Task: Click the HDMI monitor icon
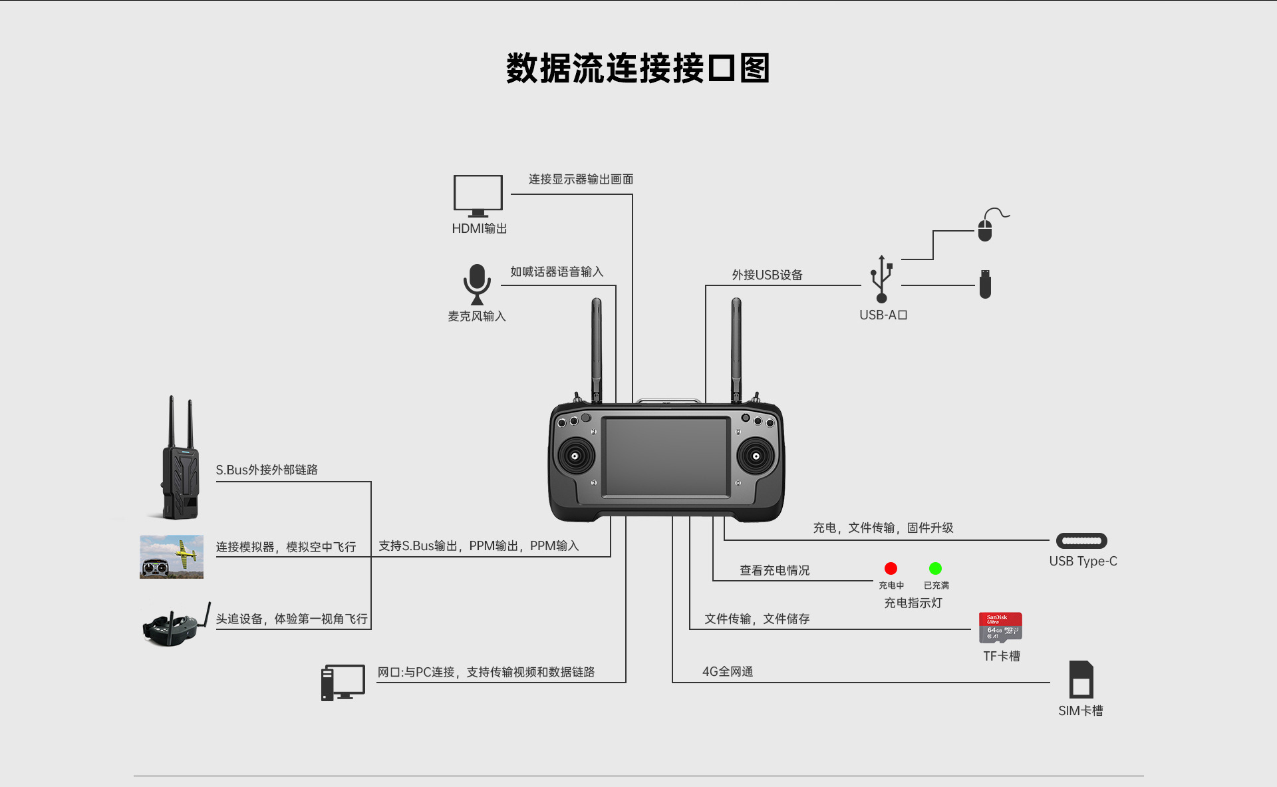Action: tap(478, 195)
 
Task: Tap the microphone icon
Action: tap(477, 283)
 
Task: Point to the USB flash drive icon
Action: tap(985, 284)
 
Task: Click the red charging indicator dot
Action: tap(891, 568)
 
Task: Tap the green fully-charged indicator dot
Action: tap(935, 568)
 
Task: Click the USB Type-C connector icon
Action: tap(1081, 541)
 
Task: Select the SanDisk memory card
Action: tap(1000, 627)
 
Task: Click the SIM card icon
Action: tap(1081, 679)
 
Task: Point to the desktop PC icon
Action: tap(343, 682)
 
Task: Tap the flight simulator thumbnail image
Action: tap(172, 557)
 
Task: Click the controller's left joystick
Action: tap(576, 456)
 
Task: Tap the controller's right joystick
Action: tap(756, 456)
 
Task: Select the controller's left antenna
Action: tap(597, 349)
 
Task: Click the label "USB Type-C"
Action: tap(1083, 561)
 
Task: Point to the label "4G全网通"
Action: tap(728, 671)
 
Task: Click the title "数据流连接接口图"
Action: tap(638, 69)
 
